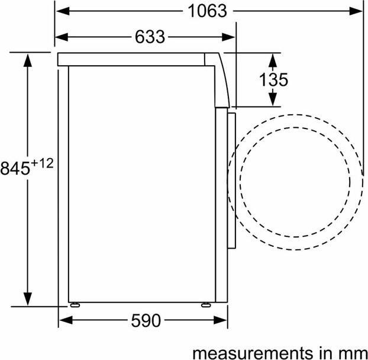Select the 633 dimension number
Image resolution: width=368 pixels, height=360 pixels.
pyautogui.click(x=149, y=37)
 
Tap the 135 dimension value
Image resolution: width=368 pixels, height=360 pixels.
pyautogui.click(x=273, y=79)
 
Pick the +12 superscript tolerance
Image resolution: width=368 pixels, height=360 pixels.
pyautogui.click(x=43, y=163)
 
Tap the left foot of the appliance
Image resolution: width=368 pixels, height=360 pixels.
pyautogui.click(x=75, y=306)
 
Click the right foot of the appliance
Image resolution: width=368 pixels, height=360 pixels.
pyautogui.click(x=205, y=306)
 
